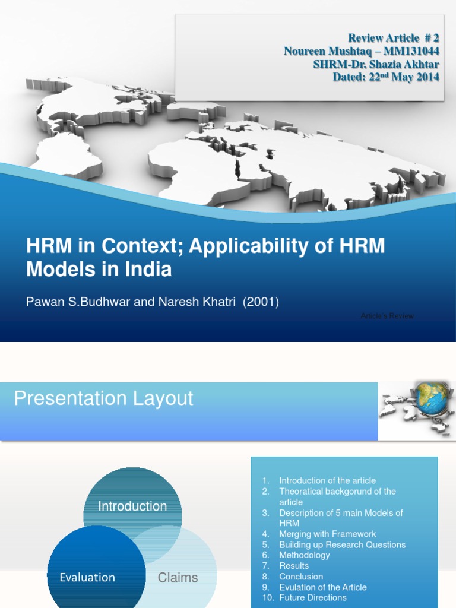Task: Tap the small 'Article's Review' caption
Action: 387,316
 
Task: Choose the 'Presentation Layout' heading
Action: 103,398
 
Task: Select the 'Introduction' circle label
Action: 132,506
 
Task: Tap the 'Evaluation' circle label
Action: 87,577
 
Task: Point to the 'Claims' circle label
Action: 178,577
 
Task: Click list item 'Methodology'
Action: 305,555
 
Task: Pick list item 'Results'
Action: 294,566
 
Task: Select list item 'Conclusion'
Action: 301,577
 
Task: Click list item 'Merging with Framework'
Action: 327,534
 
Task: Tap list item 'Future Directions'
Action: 313,597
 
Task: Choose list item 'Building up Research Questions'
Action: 342,544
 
